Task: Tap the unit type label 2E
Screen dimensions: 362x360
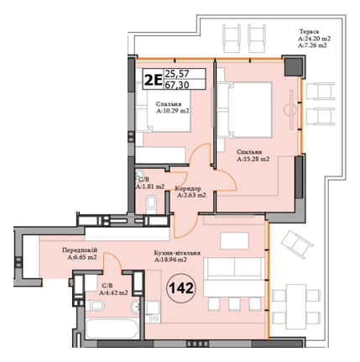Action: pos(153,81)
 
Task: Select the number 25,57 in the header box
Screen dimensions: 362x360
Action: pos(177,74)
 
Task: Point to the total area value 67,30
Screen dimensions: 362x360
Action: pos(177,86)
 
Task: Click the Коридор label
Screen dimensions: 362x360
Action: pos(188,188)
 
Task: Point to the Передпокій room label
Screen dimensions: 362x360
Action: pos(81,250)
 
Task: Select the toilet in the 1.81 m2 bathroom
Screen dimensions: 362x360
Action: pos(152,202)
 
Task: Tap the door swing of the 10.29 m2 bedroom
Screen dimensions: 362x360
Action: pos(200,158)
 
